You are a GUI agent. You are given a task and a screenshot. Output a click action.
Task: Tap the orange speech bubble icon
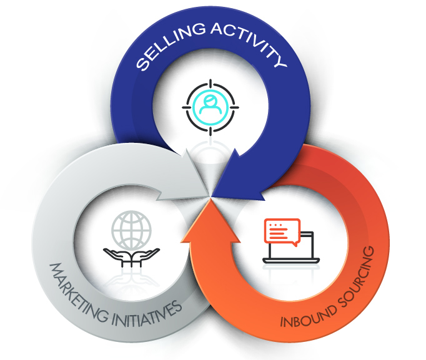[282, 231]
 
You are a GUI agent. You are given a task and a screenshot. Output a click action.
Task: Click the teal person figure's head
[210, 99]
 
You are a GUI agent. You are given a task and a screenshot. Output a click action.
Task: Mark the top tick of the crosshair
[210, 82]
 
